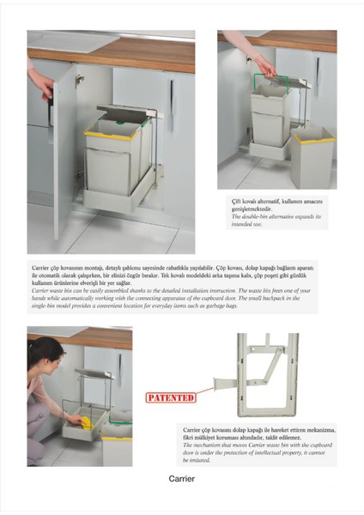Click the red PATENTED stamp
point(170,397)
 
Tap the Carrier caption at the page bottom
point(182,479)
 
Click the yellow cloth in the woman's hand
point(76,421)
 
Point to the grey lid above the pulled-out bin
point(127,112)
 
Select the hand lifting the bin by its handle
point(264,65)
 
